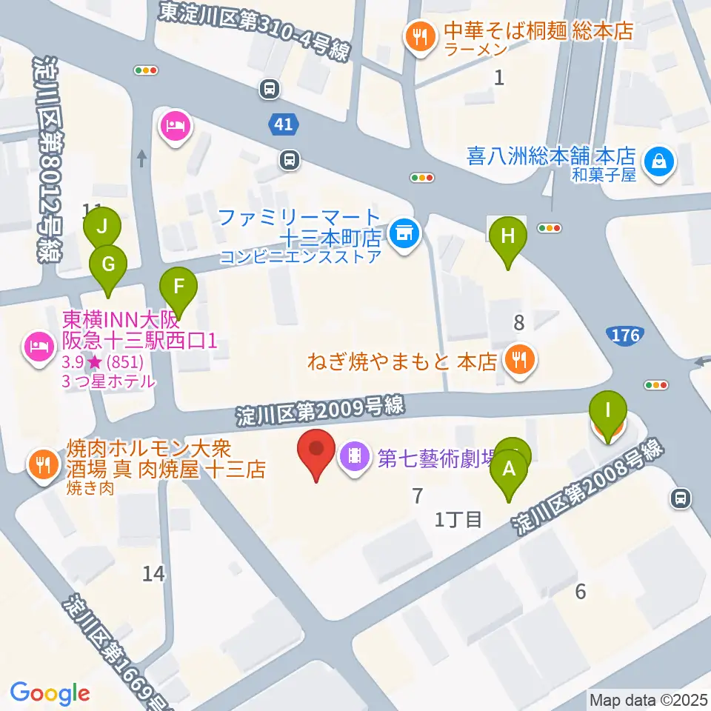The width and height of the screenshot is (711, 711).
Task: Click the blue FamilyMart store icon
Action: click(x=404, y=235)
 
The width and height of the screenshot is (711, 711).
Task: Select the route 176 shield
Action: click(x=626, y=336)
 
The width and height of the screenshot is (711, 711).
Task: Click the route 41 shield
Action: click(x=284, y=125)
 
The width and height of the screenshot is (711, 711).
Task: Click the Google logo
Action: click(x=50, y=693)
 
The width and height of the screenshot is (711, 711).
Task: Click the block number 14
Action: click(x=154, y=573)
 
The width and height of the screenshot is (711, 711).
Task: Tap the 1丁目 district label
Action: click(x=459, y=519)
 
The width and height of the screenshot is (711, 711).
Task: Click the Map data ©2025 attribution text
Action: click(x=647, y=699)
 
